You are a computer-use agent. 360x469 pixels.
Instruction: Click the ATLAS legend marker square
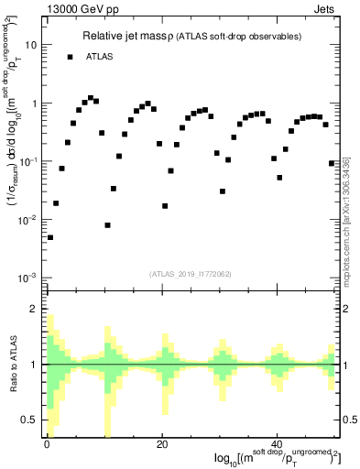(x=70, y=57)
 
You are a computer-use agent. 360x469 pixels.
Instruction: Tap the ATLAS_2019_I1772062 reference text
(x=191, y=273)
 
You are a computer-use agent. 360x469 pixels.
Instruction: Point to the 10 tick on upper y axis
(x=31, y=45)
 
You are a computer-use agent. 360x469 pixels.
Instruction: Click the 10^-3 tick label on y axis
(x=27, y=278)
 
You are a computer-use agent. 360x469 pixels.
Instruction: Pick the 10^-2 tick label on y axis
(x=27, y=220)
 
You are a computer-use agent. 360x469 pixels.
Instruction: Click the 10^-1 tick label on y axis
(x=27, y=161)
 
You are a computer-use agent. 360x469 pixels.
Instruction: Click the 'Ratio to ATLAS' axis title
(x=13, y=363)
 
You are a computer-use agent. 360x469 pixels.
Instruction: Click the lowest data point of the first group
(x=50, y=237)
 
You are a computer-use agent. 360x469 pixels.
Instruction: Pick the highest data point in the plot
(x=90, y=97)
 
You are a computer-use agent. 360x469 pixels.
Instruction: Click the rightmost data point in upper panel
(x=332, y=163)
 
